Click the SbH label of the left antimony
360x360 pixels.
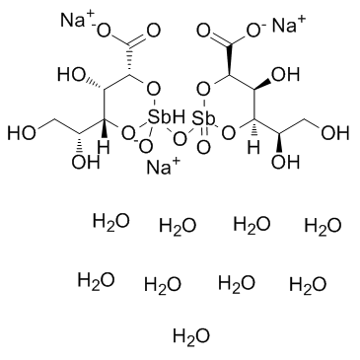coord(160,121)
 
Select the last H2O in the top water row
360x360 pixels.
coord(322,227)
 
